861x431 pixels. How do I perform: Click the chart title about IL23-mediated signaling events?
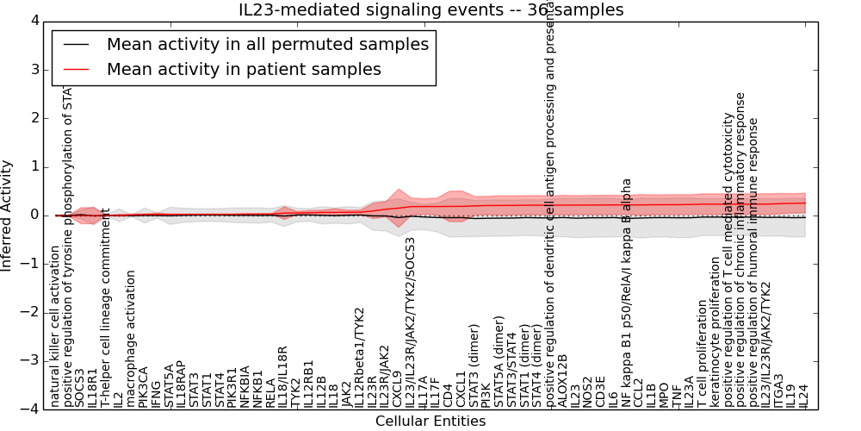pos(430,9)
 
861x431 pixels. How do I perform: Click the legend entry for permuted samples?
pos(267,44)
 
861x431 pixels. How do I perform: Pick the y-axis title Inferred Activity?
pos(8,215)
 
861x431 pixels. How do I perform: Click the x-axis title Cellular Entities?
pos(430,422)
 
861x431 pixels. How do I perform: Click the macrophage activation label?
pos(131,339)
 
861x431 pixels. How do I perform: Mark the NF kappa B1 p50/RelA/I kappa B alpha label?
pos(627,293)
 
